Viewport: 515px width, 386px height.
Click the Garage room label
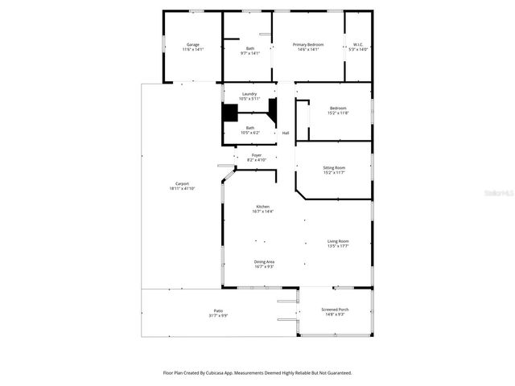tap(193, 44)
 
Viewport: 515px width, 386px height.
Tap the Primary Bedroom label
tap(308, 44)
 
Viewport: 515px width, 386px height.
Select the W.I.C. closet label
tap(358, 44)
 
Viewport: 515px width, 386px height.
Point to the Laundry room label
tap(249, 94)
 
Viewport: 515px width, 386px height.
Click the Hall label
tap(285, 133)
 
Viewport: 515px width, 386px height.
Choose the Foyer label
tap(257, 155)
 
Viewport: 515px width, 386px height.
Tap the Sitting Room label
tap(334, 167)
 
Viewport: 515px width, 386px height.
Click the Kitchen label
tap(262, 207)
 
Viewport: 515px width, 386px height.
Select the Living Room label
tap(338, 241)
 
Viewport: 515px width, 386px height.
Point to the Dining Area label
tap(265, 261)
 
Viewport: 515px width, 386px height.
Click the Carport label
tap(182, 183)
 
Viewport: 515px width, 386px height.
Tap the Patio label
tap(217, 310)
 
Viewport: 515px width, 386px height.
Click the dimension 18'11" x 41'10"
tap(182, 188)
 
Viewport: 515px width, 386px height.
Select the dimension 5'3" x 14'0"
tap(358, 49)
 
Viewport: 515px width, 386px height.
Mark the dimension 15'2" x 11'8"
tap(338, 113)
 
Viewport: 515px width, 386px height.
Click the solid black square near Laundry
tap(230, 113)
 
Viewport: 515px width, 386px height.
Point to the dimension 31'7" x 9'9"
tap(217, 315)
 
